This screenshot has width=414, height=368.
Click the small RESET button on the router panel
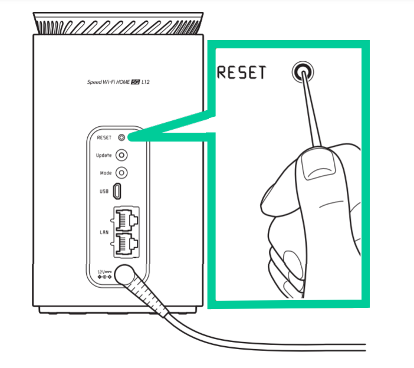122,137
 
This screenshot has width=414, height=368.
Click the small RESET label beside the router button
104,137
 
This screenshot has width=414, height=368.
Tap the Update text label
103,156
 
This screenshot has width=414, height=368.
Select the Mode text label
105,173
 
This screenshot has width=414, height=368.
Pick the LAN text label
104,232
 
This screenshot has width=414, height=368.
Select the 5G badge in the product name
142,83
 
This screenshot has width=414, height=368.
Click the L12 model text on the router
154,83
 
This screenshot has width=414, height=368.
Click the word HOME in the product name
128,83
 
